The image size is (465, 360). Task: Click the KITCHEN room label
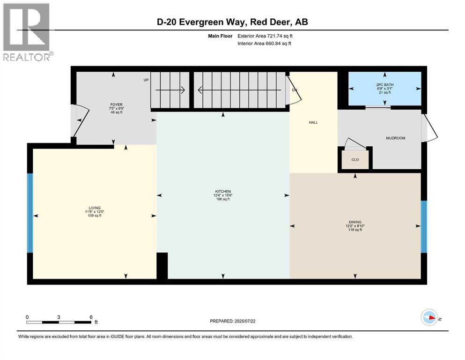point(222,191)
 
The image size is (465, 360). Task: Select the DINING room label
point(355,222)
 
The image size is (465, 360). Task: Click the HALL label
point(313,122)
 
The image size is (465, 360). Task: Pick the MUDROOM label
point(395,138)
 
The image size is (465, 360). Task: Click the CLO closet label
point(355,159)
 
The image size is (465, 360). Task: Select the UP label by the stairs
point(146,80)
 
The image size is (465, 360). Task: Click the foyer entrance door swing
point(80,121)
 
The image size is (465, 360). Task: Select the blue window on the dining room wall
point(424,226)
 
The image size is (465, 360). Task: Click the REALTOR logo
point(27,32)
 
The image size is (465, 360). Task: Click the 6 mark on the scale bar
point(91,316)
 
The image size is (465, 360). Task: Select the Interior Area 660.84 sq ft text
point(265,44)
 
